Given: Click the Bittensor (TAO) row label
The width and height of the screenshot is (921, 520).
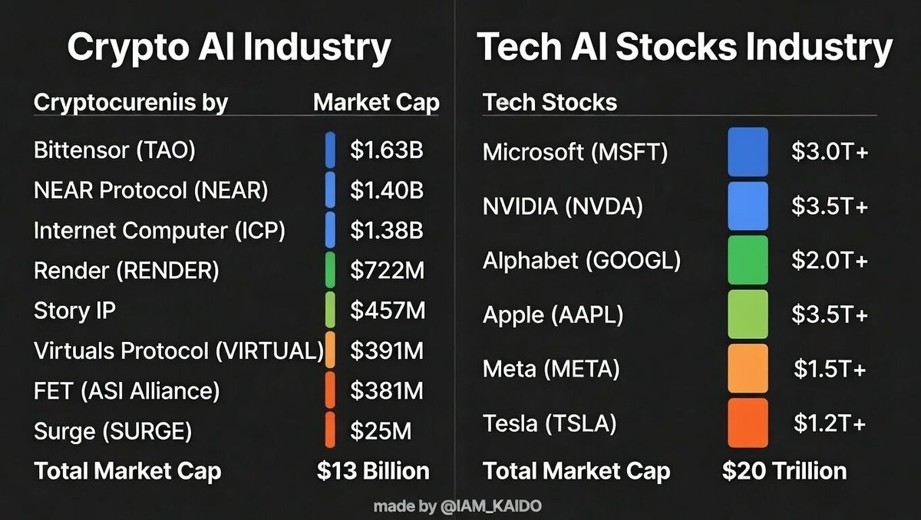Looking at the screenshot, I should (x=114, y=150).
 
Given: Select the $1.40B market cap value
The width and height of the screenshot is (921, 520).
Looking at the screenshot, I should (x=387, y=190).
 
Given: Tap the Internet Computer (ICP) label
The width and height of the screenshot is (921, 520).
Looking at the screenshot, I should (x=160, y=231).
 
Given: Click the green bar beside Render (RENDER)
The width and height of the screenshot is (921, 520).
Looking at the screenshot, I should (x=330, y=270).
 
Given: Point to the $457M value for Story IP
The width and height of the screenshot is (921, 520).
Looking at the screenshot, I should (x=387, y=311).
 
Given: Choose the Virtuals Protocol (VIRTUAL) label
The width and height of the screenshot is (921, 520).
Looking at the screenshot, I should (x=178, y=351).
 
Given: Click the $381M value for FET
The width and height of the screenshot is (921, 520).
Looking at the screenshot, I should (x=387, y=391).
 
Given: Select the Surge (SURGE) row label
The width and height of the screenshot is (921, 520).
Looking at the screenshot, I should (x=112, y=431).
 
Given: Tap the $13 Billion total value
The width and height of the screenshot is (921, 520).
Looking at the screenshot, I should (x=373, y=470).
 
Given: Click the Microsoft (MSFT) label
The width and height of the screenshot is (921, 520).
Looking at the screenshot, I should (x=575, y=153).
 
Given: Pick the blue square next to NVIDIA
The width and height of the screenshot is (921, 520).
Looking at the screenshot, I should (x=748, y=206).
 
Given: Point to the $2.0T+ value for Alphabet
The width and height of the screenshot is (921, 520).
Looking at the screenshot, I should (x=830, y=261).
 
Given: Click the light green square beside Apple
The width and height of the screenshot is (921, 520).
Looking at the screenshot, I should (x=748, y=314).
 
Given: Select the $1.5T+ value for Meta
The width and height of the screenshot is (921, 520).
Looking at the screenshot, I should (x=830, y=369).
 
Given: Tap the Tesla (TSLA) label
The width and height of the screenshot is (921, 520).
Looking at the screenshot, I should (x=550, y=423).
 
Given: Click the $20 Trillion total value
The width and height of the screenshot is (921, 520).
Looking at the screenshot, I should (x=784, y=470).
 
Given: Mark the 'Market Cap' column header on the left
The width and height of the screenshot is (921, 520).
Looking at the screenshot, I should (x=376, y=102).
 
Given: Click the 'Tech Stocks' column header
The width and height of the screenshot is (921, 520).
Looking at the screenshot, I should (x=550, y=102).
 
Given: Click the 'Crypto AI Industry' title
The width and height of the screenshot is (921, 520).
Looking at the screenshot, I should (x=229, y=48).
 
